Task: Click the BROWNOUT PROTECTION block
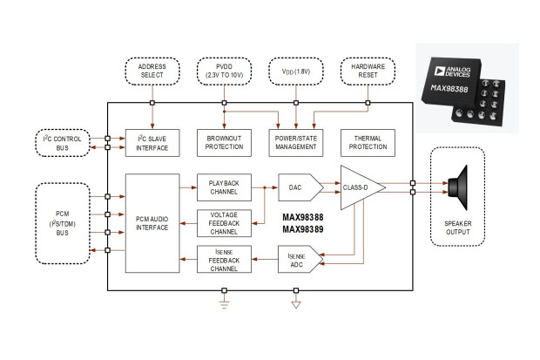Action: pyautogui.click(x=224, y=143)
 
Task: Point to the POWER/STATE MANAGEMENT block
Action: pyautogui.click(x=296, y=143)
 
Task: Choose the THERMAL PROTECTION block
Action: pyautogui.click(x=368, y=143)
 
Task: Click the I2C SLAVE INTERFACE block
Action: pyautogui.click(x=152, y=143)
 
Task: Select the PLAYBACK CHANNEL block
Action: pyautogui.click(x=224, y=187)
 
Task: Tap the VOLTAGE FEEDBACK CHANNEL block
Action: pyautogui.click(x=224, y=223)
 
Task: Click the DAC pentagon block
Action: pyautogui.click(x=300, y=187)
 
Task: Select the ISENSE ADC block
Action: pyautogui.click(x=300, y=259)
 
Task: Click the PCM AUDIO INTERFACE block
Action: pyautogui.click(x=152, y=223)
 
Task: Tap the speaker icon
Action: pyautogui.click(x=458, y=187)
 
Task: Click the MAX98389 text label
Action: pyautogui.click(x=303, y=229)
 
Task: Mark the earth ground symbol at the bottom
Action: pyautogui.click(x=224, y=304)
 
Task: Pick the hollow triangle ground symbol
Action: pyautogui.click(x=296, y=305)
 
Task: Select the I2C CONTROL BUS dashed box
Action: pyautogui.click(x=63, y=143)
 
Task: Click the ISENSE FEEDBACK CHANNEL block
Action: pyautogui.click(x=224, y=259)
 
